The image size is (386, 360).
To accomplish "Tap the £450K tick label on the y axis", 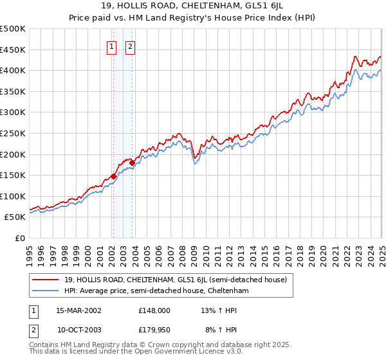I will (x=12, y=50).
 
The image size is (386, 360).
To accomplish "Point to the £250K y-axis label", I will (x=12, y=133).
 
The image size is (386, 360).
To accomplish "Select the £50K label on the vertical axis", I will (x=15, y=217).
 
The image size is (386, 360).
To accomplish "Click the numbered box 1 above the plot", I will (x=112, y=46).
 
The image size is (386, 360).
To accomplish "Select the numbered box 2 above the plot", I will (x=130, y=46).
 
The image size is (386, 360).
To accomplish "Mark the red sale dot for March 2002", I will (x=113, y=175).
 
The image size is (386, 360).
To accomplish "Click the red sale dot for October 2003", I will (x=132, y=163).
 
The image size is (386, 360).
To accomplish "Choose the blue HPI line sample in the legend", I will (x=45, y=291).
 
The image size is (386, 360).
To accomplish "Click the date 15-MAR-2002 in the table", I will (x=79, y=310).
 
